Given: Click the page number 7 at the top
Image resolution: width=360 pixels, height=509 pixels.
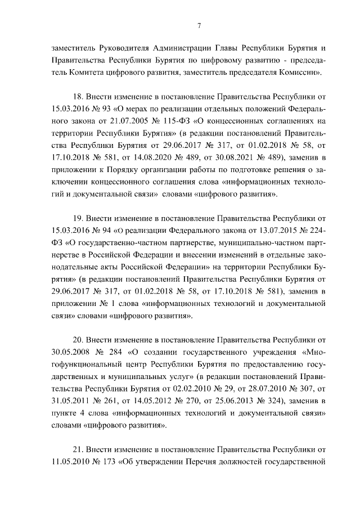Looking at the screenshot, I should (x=184, y=25).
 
